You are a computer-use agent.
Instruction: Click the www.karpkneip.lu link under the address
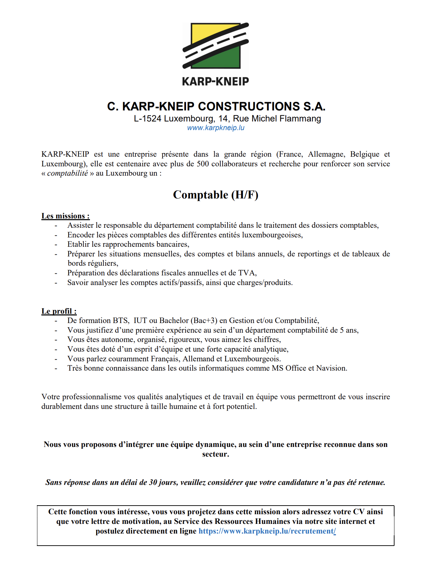(216, 128)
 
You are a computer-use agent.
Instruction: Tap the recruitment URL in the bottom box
(267, 531)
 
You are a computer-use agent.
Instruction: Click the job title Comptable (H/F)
(216, 195)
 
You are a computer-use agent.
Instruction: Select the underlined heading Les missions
(65, 216)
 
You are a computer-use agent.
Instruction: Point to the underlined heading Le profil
(59, 311)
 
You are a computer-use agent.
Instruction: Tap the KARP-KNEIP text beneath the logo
(215, 82)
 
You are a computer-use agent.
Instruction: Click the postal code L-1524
(147, 119)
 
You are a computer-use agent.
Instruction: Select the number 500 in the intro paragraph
(203, 164)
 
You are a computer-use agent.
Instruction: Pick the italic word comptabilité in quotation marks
(68, 173)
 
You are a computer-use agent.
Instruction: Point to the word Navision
(331, 368)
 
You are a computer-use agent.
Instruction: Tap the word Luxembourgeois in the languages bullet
(252, 359)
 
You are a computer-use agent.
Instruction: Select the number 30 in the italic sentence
(153, 482)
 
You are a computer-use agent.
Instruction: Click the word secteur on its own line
(215, 454)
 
